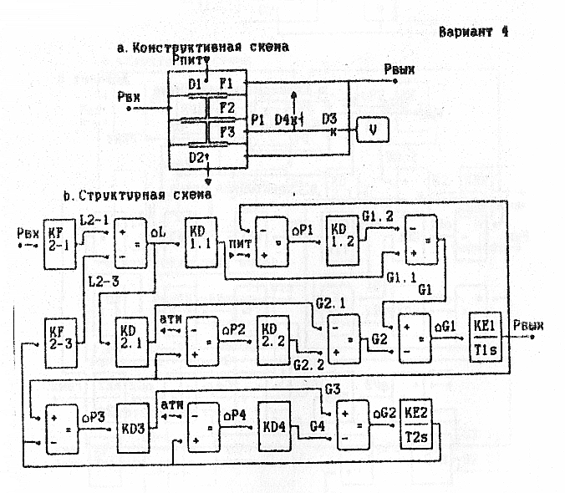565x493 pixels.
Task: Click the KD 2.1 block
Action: (x=113, y=338)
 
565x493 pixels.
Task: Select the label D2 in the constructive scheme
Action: (x=197, y=156)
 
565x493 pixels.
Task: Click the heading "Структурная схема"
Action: (x=145, y=196)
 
